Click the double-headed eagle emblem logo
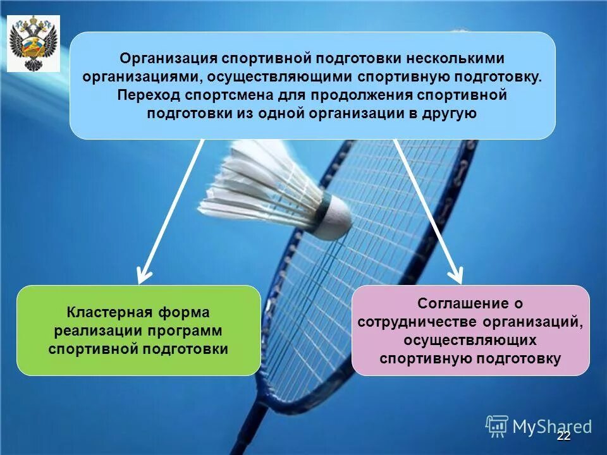(33, 43)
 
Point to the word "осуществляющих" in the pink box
(470, 341)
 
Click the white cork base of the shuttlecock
(335, 217)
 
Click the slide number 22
(563, 436)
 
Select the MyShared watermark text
(551, 427)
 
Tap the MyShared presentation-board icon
(497, 426)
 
